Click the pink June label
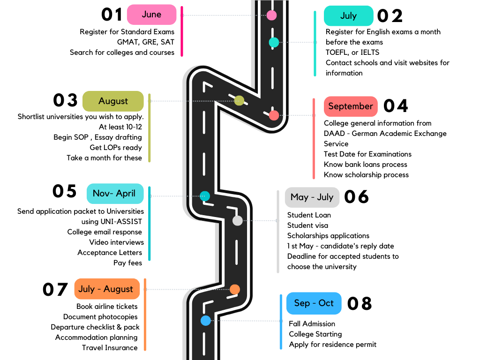[x=151, y=15]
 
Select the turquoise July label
[x=348, y=15]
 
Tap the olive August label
[x=113, y=101]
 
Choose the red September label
[x=351, y=106]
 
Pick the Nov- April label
[x=114, y=194]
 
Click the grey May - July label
[x=312, y=197]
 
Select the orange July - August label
[x=106, y=289]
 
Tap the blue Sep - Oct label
[x=314, y=303]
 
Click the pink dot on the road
[x=271, y=15]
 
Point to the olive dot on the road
[x=239, y=100]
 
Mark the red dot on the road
[x=274, y=115]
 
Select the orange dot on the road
[x=235, y=289]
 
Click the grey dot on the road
[x=238, y=220]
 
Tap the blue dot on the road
[x=206, y=321]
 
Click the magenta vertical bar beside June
[x=182, y=31]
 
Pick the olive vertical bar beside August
[x=150, y=128]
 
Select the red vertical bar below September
[x=314, y=139]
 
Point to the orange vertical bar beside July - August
[x=145, y=314]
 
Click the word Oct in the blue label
[x=326, y=303]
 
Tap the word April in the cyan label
[x=126, y=194]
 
